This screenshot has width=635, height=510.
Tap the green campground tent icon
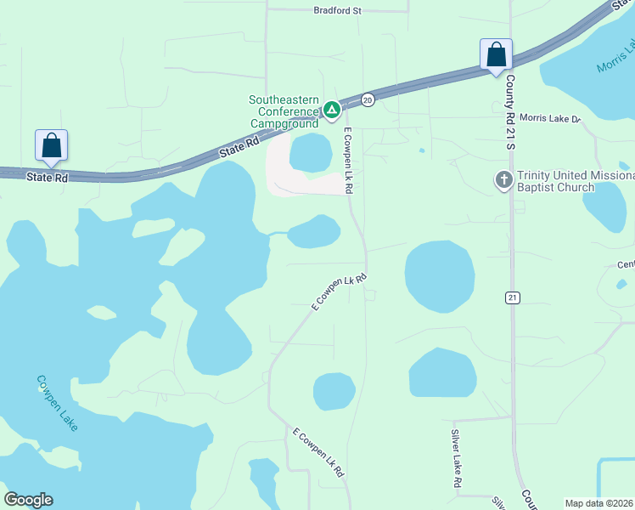tap(331, 110)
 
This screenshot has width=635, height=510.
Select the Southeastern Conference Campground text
tap(284, 111)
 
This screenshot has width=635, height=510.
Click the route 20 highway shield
tap(368, 99)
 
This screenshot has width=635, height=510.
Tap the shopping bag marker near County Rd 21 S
tap(496, 54)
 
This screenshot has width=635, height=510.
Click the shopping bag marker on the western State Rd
tap(51, 145)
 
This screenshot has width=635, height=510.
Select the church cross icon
tap(503, 180)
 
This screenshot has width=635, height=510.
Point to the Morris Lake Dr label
tap(548, 118)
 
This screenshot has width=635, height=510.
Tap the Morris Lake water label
tap(615, 57)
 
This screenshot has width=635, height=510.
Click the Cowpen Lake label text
tap(58, 403)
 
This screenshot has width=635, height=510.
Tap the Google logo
tap(28, 500)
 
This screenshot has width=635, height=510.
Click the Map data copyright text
tap(598, 503)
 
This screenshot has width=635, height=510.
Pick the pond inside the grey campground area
tap(311, 153)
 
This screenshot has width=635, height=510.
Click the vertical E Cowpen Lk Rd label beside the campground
tap(348, 160)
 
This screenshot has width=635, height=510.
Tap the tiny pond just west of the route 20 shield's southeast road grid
tap(422, 151)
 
